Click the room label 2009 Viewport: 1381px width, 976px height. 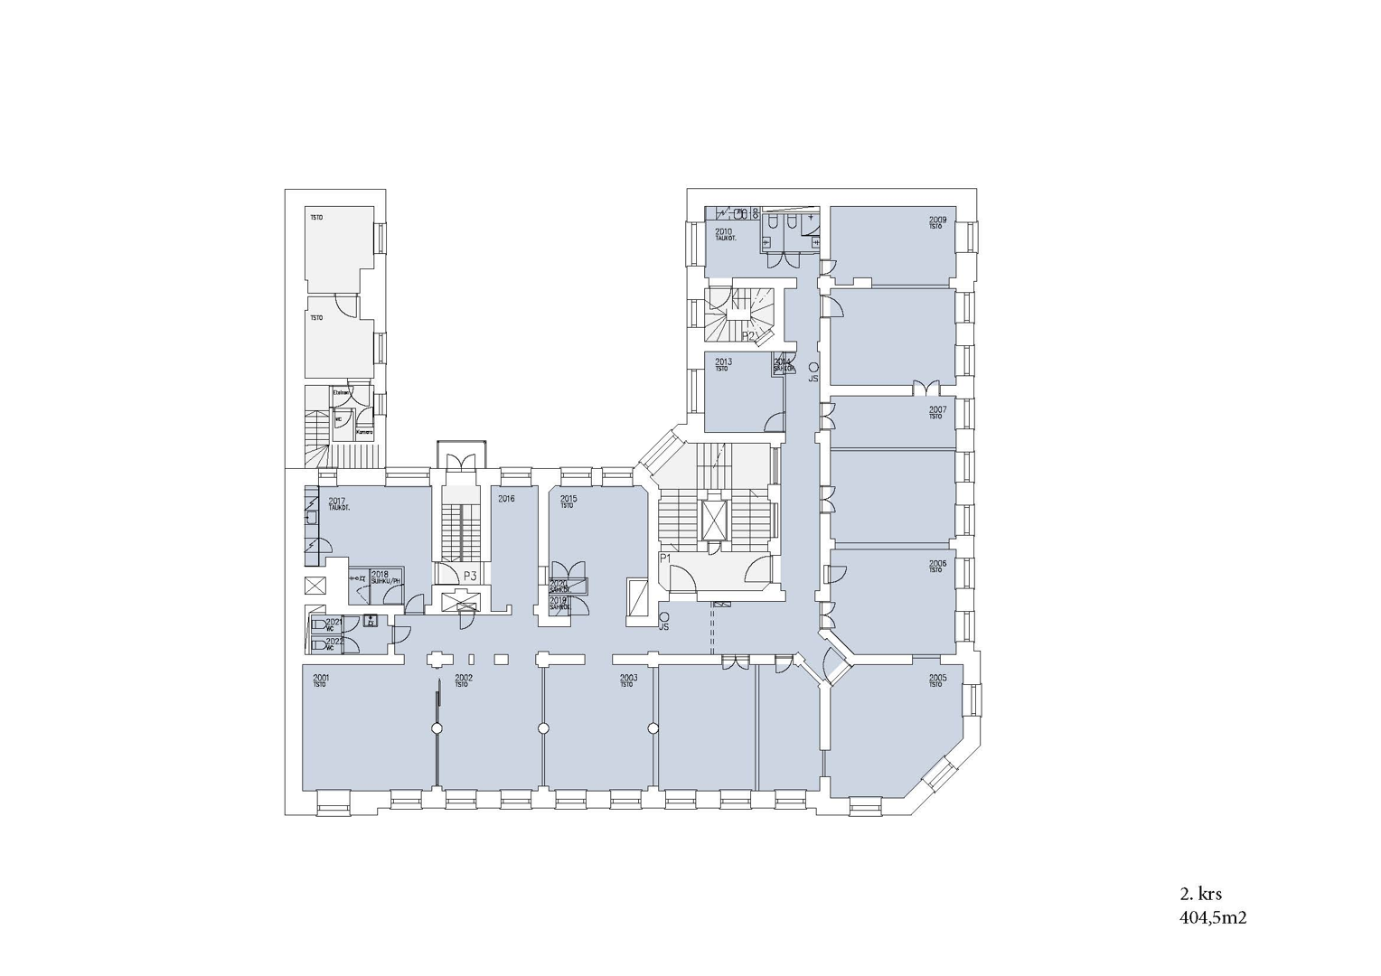[937, 220]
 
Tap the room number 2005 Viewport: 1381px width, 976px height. [937, 678]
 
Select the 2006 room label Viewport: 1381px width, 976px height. [937, 564]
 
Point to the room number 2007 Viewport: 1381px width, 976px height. [937, 409]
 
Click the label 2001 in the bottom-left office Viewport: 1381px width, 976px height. [320, 678]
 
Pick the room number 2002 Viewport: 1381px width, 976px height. [464, 678]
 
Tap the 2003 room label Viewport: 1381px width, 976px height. [628, 678]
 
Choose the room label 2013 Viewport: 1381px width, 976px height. [723, 362]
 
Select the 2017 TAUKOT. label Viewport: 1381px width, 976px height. [339, 502]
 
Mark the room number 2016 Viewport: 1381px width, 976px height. [506, 499]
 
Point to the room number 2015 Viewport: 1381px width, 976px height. [568, 499]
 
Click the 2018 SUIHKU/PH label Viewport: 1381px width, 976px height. [383, 577]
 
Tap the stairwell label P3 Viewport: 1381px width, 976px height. [470, 576]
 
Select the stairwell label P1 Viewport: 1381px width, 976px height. [665, 558]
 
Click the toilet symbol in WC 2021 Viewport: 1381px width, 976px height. [318, 624]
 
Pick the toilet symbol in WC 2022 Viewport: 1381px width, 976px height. [318, 645]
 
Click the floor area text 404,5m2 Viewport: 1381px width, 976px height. [1213, 918]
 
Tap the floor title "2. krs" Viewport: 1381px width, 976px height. [1200, 895]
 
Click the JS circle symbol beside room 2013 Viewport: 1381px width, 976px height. [813, 367]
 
